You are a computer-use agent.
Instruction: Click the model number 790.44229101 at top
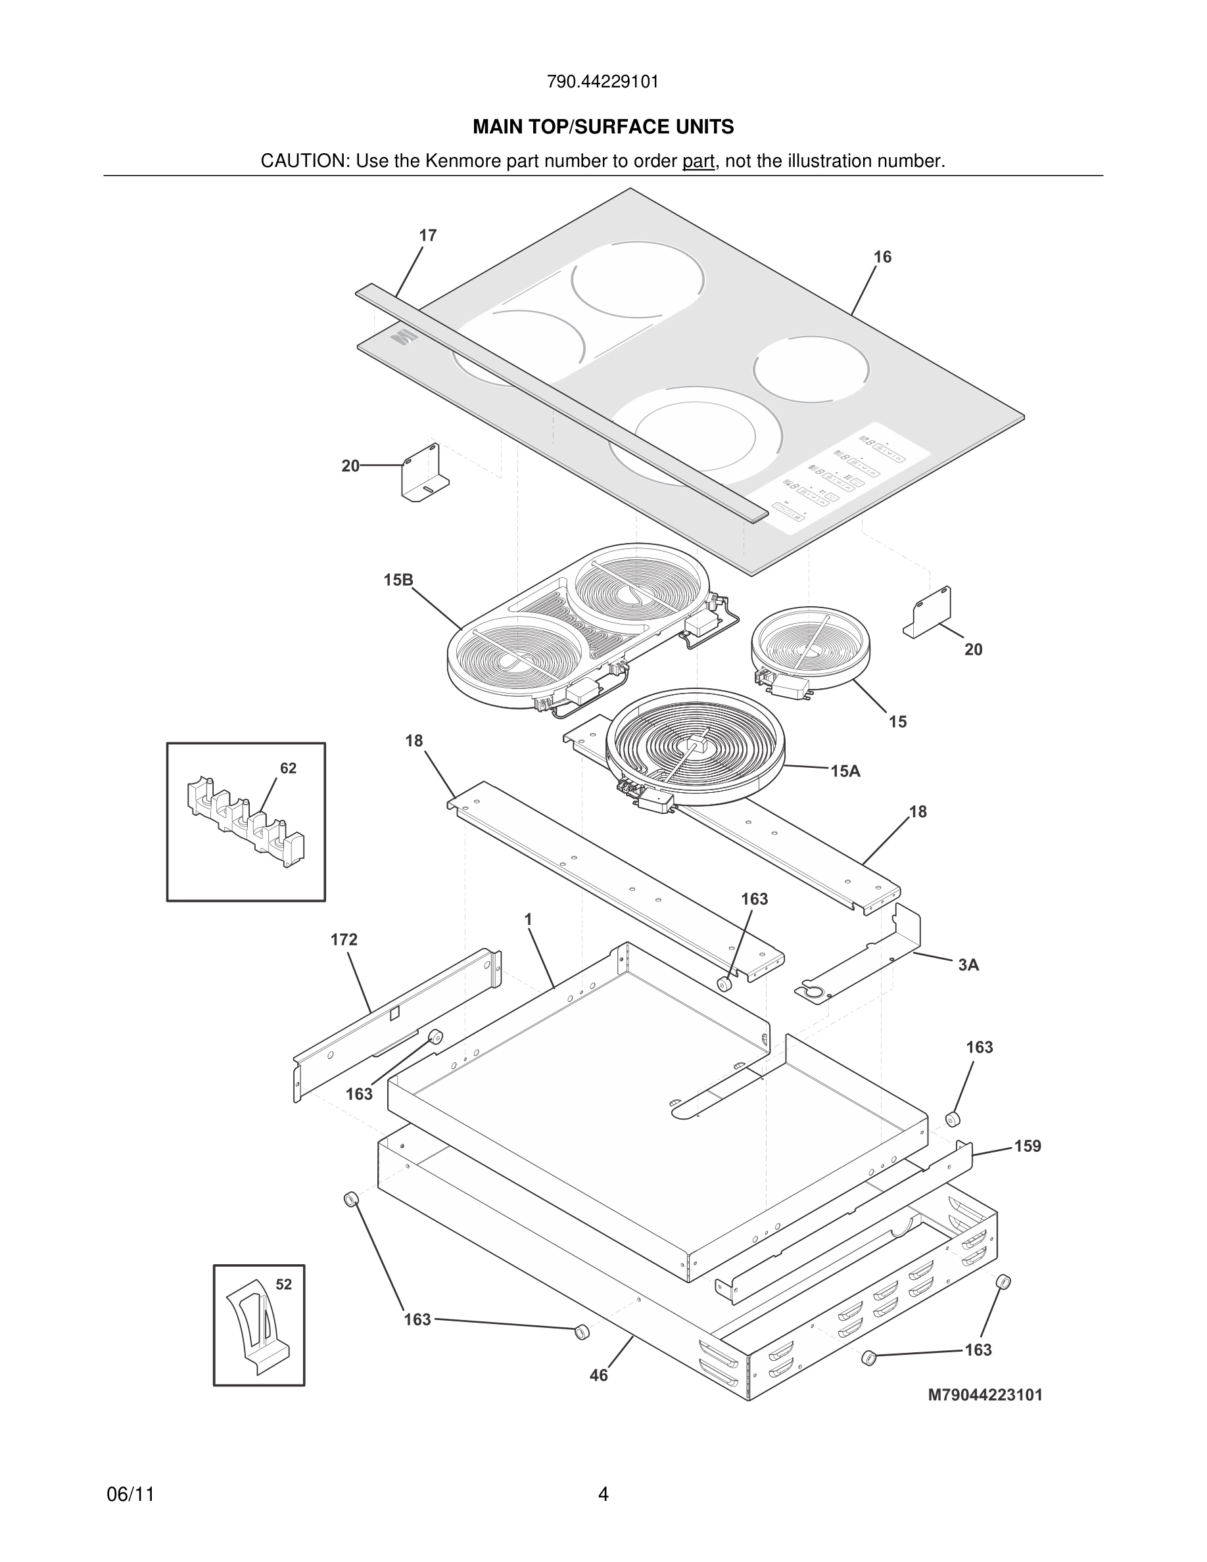pyautogui.click(x=603, y=82)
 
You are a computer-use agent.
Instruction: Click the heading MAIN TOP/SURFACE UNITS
pyautogui.click(x=603, y=128)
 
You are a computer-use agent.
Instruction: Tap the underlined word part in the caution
pyautogui.click(x=698, y=162)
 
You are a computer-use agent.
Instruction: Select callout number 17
pyautogui.click(x=427, y=235)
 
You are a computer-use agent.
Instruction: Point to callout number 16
pyautogui.click(x=882, y=257)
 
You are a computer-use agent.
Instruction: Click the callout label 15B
pyautogui.click(x=398, y=580)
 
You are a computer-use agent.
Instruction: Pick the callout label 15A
pyautogui.click(x=845, y=771)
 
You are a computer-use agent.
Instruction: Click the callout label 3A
pyautogui.click(x=968, y=965)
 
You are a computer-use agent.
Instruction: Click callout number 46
pyautogui.click(x=598, y=1375)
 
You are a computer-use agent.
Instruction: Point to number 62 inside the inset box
pyautogui.click(x=288, y=768)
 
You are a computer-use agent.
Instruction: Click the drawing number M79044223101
pyautogui.click(x=985, y=1394)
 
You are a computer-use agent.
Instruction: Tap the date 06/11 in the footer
pyautogui.click(x=131, y=1495)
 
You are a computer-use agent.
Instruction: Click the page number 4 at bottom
pyautogui.click(x=603, y=1494)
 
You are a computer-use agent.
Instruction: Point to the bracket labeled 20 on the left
pyautogui.click(x=425, y=474)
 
